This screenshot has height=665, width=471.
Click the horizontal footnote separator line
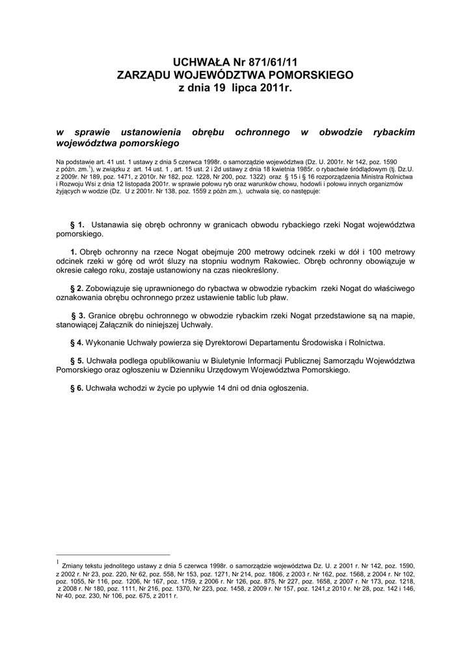click(x=113, y=555)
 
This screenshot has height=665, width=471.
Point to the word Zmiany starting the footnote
click(x=75, y=566)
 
